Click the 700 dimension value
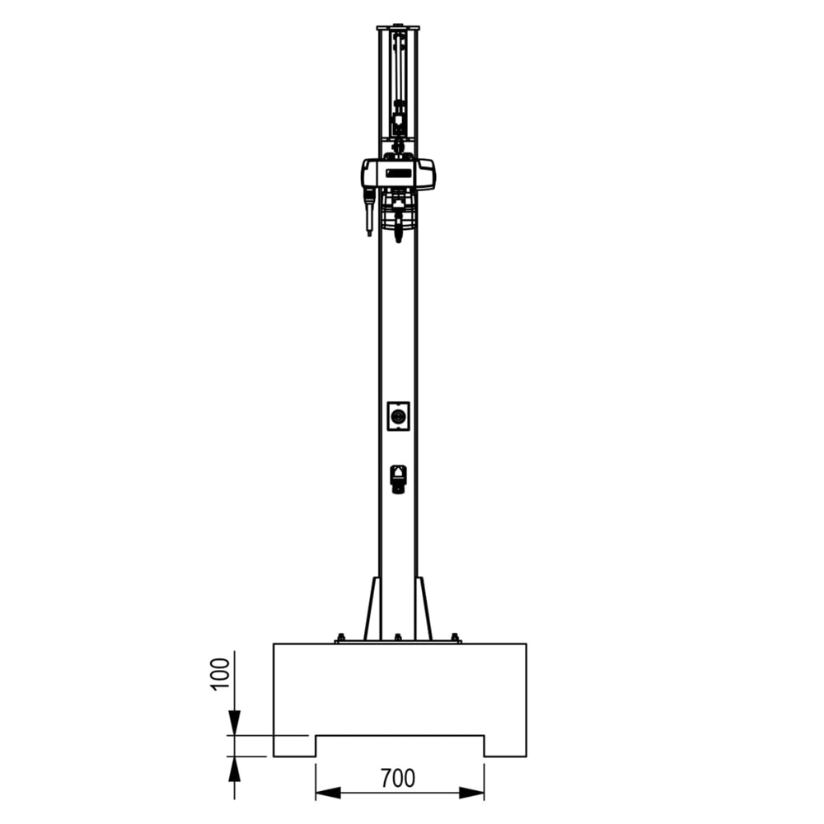(x=398, y=777)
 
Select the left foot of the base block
(x=294, y=746)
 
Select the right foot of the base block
(x=504, y=746)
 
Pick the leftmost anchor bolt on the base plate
(x=339, y=637)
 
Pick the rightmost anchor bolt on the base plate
(x=455, y=637)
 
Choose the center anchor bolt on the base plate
(x=398, y=637)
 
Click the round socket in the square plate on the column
(x=399, y=416)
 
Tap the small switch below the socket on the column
(x=399, y=478)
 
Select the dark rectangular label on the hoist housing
(x=399, y=172)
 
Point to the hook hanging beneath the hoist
(x=399, y=231)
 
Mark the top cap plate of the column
(x=398, y=28)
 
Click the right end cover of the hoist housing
(x=427, y=174)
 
